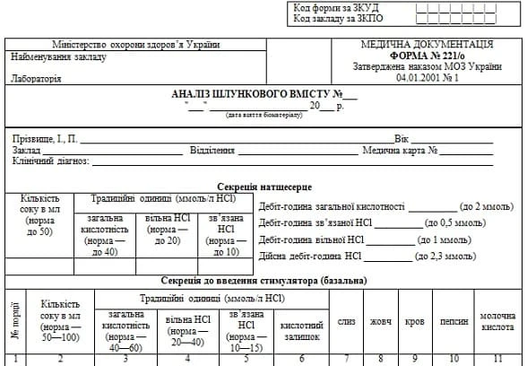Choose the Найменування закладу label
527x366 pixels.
point(58,57)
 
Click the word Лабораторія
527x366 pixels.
point(38,79)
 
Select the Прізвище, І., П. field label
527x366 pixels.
point(45,139)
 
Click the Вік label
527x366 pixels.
point(402,139)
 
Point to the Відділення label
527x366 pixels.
point(212,151)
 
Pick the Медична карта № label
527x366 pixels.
point(399,151)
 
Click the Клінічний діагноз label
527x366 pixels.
point(51,161)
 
